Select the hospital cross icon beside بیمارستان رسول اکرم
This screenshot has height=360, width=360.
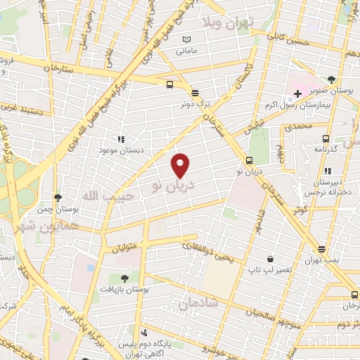point(298,93)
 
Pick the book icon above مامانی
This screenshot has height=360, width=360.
point(186,39)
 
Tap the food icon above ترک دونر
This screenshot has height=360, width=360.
point(195,92)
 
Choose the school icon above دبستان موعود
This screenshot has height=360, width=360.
point(121,139)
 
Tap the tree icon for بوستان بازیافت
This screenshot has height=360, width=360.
point(124,278)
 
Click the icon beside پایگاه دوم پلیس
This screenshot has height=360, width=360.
point(144,332)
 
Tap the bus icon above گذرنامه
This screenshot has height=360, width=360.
point(325,139)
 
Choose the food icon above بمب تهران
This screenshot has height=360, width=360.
point(321,249)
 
